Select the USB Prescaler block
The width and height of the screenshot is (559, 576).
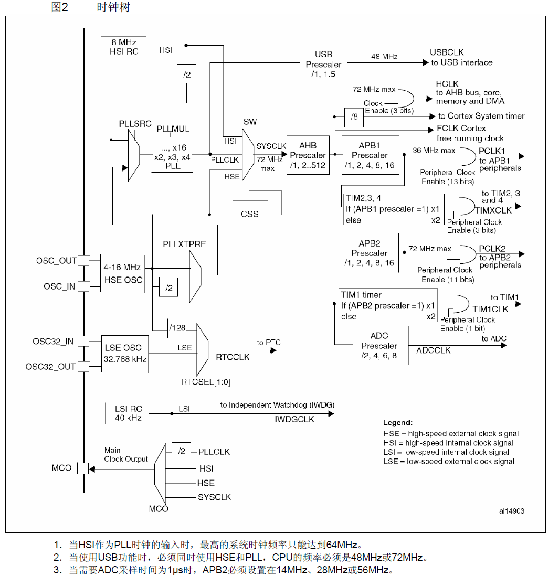[323, 64]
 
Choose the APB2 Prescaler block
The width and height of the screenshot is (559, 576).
[370, 253]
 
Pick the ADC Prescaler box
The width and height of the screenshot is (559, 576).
[379, 345]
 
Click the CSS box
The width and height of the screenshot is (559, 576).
[249, 214]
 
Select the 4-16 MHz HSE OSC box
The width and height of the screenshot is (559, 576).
[122, 274]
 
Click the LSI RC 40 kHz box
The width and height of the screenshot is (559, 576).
[125, 413]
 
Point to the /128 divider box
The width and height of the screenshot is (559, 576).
[177, 328]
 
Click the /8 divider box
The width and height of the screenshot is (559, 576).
[354, 116]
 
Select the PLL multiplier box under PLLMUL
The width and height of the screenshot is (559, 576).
[172, 155]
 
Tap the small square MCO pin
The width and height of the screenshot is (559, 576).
[83, 468]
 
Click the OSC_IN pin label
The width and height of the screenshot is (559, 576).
[60, 286]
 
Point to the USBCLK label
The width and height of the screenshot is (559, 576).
[447, 52]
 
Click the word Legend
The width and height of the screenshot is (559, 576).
[397, 422]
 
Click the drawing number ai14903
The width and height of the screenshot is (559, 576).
[511, 510]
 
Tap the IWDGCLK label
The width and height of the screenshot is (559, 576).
[294, 419]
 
